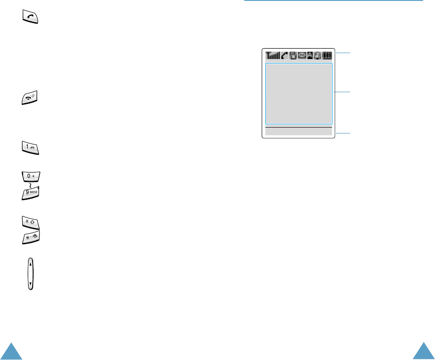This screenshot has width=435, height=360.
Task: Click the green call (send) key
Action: [x=30, y=18]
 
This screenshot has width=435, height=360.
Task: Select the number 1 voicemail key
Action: [x=30, y=148]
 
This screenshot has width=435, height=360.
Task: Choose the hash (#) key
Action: [x=30, y=238]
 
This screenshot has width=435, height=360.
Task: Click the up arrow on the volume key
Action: [x=30, y=263]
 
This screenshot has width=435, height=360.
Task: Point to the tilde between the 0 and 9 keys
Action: [x=30, y=186]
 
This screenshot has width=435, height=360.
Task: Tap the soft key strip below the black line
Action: [x=298, y=132]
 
